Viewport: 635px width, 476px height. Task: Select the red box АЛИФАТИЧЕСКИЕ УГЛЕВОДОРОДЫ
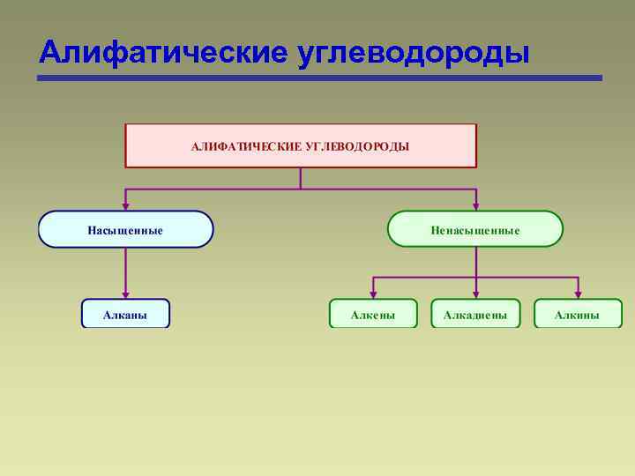point(301,145)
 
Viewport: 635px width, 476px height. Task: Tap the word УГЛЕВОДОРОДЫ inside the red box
point(357,145)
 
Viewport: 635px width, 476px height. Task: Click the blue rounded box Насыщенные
point(125,229)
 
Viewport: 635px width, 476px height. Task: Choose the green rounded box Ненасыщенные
point(475,229)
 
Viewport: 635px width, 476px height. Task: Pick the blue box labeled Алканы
point(125,314)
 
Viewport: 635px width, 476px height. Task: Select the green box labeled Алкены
point(373,314)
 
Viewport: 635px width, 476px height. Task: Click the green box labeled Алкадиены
point(475,314)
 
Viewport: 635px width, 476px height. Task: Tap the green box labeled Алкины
point(578,314)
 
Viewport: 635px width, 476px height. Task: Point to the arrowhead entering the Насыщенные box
point(125,205)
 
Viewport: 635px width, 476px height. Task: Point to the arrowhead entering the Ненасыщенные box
point(475,205)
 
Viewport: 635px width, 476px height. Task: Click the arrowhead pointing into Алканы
point(125,294)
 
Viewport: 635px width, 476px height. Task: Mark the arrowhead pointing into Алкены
point(373,294)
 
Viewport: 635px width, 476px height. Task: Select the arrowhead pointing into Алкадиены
point(475,294)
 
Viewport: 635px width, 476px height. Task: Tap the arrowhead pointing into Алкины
point(578,294)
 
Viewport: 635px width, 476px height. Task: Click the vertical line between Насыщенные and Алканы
point(125,269)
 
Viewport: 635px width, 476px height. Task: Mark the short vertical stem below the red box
point(301,178)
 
